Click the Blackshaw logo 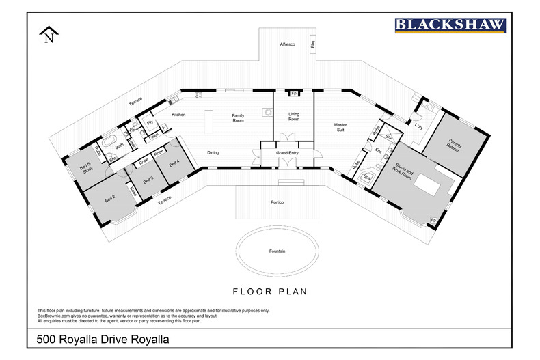pyautogui.click(x=450, y=25)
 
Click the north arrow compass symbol pyautogui.click(x=49, y=35)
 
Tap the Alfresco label pyautogui.click(x=287, y=44)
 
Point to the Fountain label pyautogui.click(x=277, y=251)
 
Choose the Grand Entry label pyautogui.click(x=286, y=154)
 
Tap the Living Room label pyautogui.click(x=293, y=116)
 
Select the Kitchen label pyautogui.click(x=178, y=115)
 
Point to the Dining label pyautogui.click(x=213, y=152)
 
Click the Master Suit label pyautogui.click(x=340, y=128)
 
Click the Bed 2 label pyautogui.click(x=109, y=199)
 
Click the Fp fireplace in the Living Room pyautogui.click(x=294, y=94)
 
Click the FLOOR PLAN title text pyautogui.click(x=270, y=292)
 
